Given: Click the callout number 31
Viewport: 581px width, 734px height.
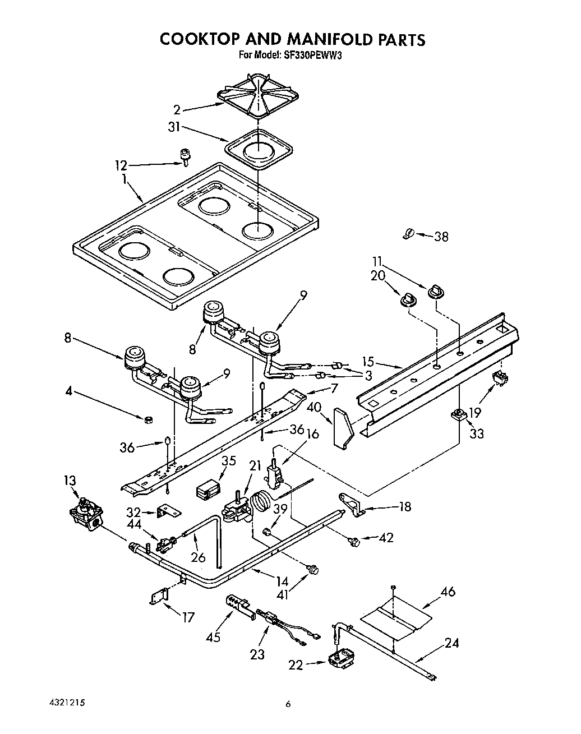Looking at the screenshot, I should tap(174, 127).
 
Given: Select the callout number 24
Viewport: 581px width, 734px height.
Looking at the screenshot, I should tap(451, 643).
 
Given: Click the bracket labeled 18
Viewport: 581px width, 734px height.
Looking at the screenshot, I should tap(352, 503).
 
